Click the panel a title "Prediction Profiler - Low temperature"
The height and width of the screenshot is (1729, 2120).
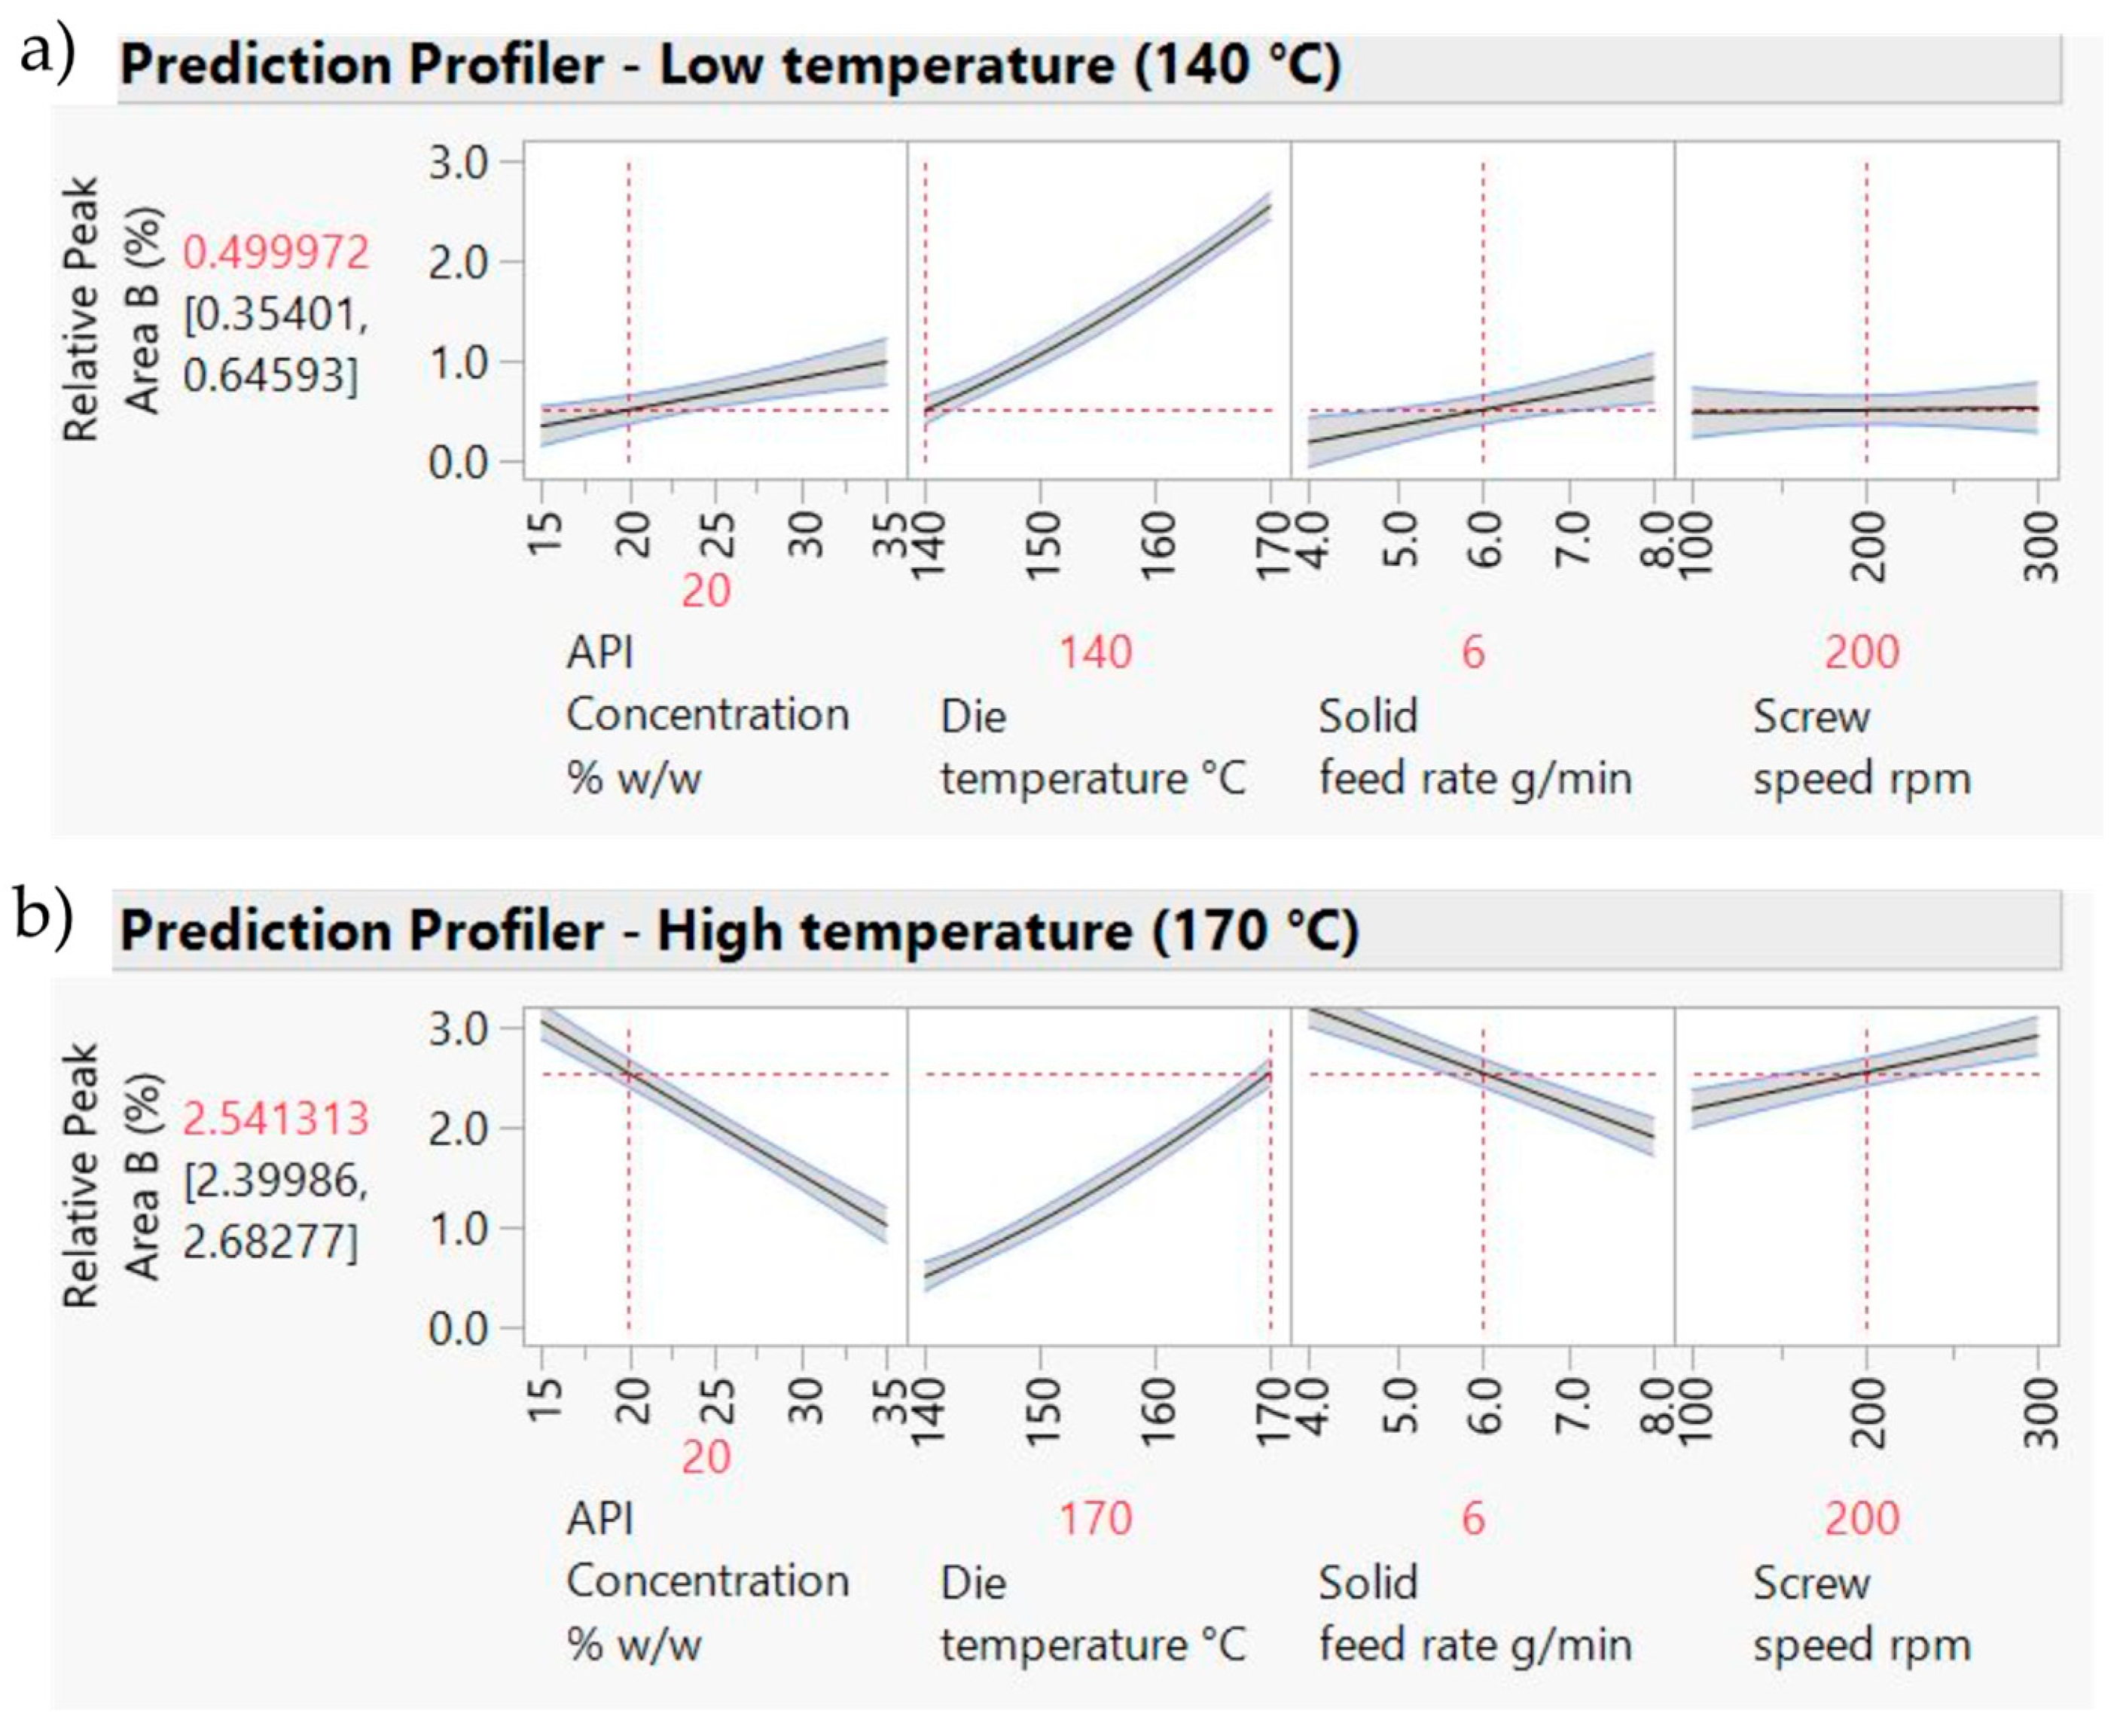tap(730, 66)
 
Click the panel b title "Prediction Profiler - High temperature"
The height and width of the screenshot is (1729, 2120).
tap(739, 932)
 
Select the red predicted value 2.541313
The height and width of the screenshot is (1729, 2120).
tap(276, 1119)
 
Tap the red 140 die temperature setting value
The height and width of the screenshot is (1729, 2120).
tap(1094, 652)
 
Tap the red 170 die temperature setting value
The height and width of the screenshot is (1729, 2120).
tap(1094, 1519)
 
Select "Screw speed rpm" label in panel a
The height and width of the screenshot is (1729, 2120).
tap(1860, 747)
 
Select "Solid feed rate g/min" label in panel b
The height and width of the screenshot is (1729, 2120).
tap(1475, 1614)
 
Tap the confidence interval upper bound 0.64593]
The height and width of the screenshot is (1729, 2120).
tap(270, 375)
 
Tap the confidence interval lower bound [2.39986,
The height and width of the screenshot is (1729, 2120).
tap(276, 1181)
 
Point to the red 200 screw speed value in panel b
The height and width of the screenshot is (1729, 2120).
tap(1861, 1519)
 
